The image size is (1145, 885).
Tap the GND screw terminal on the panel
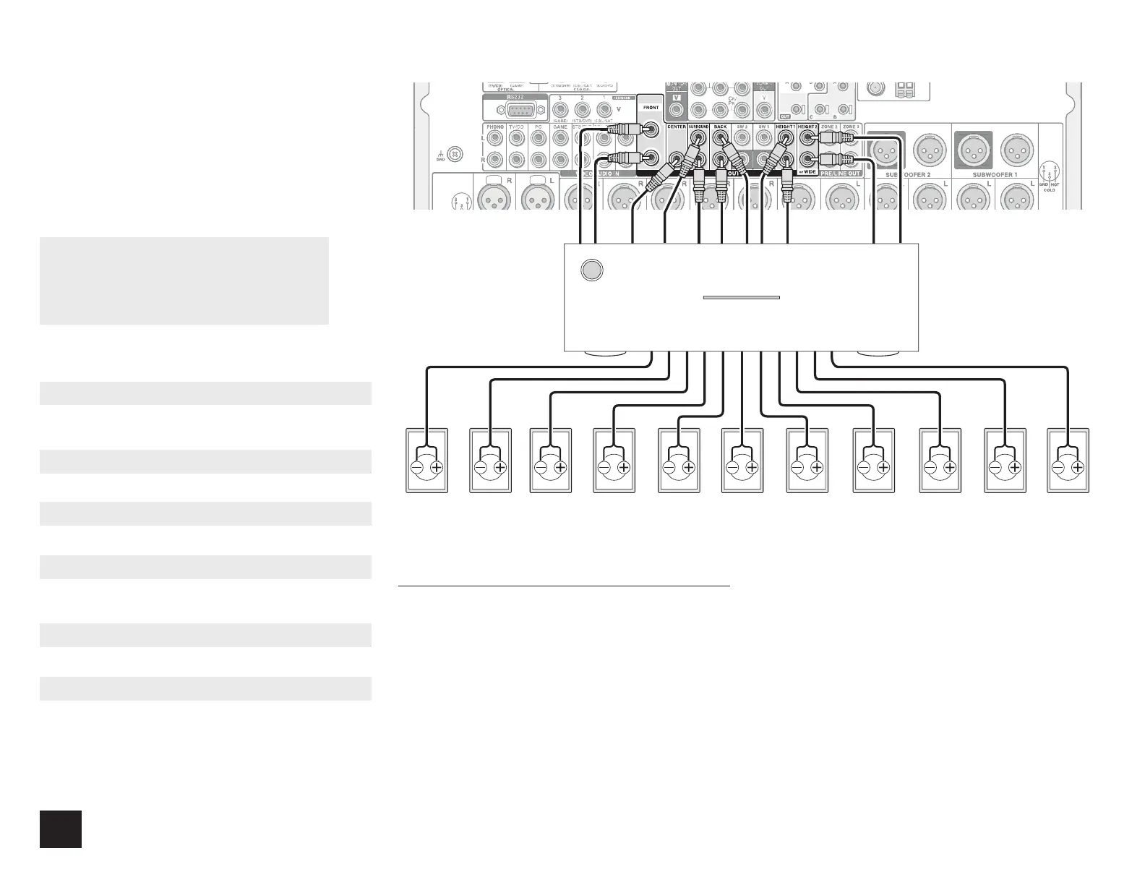(x=455, y=153)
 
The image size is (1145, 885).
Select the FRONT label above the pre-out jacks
(x=651, y=108)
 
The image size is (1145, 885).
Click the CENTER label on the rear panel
(x=676, y=127)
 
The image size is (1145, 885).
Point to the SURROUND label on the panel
(x=699, y=127)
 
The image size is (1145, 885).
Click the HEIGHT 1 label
(x=785, y=127)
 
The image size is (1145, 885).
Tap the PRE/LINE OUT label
(x=841, y=174)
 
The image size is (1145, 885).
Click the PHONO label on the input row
(x=495, y=127)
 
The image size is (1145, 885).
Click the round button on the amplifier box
(x=591, y=270)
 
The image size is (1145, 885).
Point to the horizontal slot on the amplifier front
(x=741, y=297)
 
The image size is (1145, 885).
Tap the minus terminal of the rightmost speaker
(x=1059, y=467)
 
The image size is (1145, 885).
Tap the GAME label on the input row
(x=560, y=127)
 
